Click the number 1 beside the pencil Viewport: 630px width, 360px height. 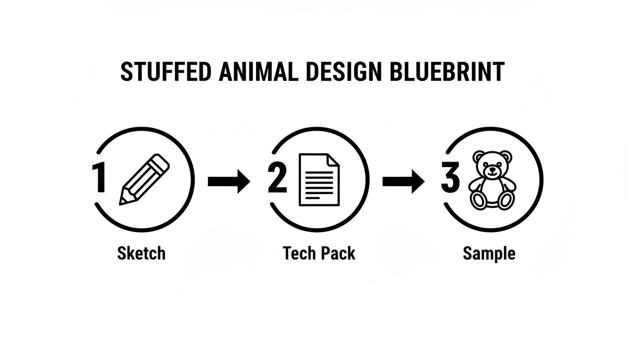(x=98, y=179)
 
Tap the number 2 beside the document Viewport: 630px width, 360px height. (x=277, y=179)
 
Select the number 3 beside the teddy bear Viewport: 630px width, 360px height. (x=450, y=179)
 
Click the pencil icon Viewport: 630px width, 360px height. (x=144, y=180)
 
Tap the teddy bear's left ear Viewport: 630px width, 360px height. (x=478, y=156)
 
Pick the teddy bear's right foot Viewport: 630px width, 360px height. (x=505, y=200)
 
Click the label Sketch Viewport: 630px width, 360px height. (x=141, y=254)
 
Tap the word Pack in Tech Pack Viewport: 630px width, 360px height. (x=338, y=254)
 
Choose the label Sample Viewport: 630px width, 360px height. (x=489, y=254)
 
